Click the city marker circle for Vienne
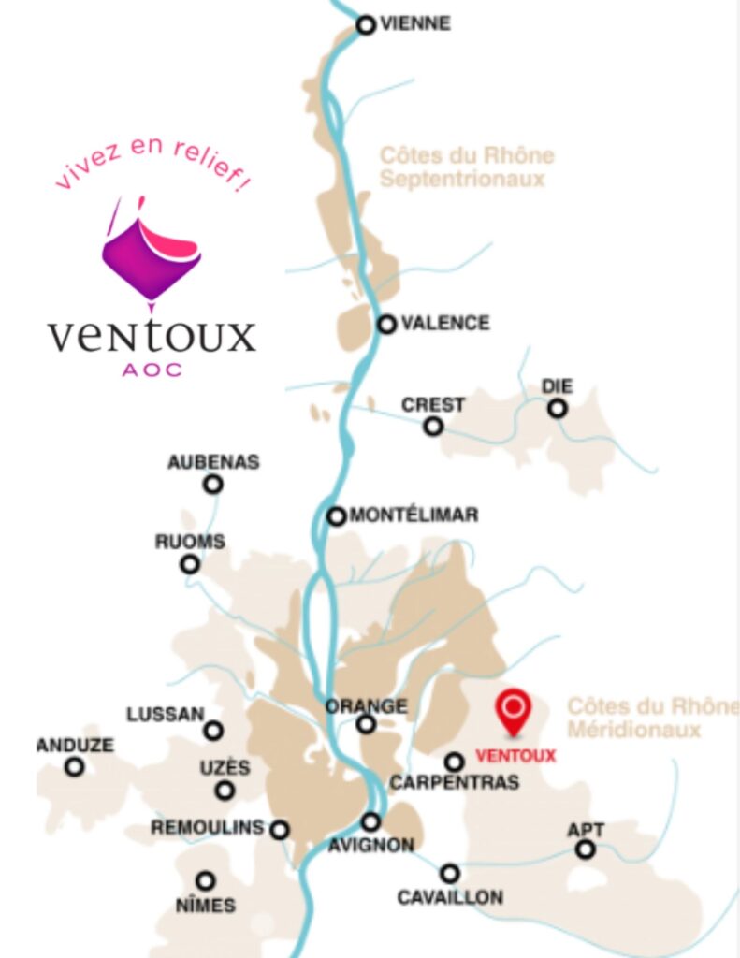click(367, 25)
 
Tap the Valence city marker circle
click(386, 324)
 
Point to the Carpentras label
click(455, 783)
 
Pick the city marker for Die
click(558, 408)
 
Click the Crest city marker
click(433, 427)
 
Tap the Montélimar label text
click(414, 515)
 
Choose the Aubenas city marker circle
click(213, 484)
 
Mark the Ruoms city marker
click(190, 564)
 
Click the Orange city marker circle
click(367, 723)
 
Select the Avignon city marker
click(371, 821)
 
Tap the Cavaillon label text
click(450, 898)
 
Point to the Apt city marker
click(585, 849)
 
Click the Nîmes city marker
click(205, 880)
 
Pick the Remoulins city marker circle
click(280, 829)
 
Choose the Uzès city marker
click(225, 791)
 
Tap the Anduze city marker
click(74, 767)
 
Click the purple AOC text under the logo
click(152, 370)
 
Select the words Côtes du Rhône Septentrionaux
click(466, 167)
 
